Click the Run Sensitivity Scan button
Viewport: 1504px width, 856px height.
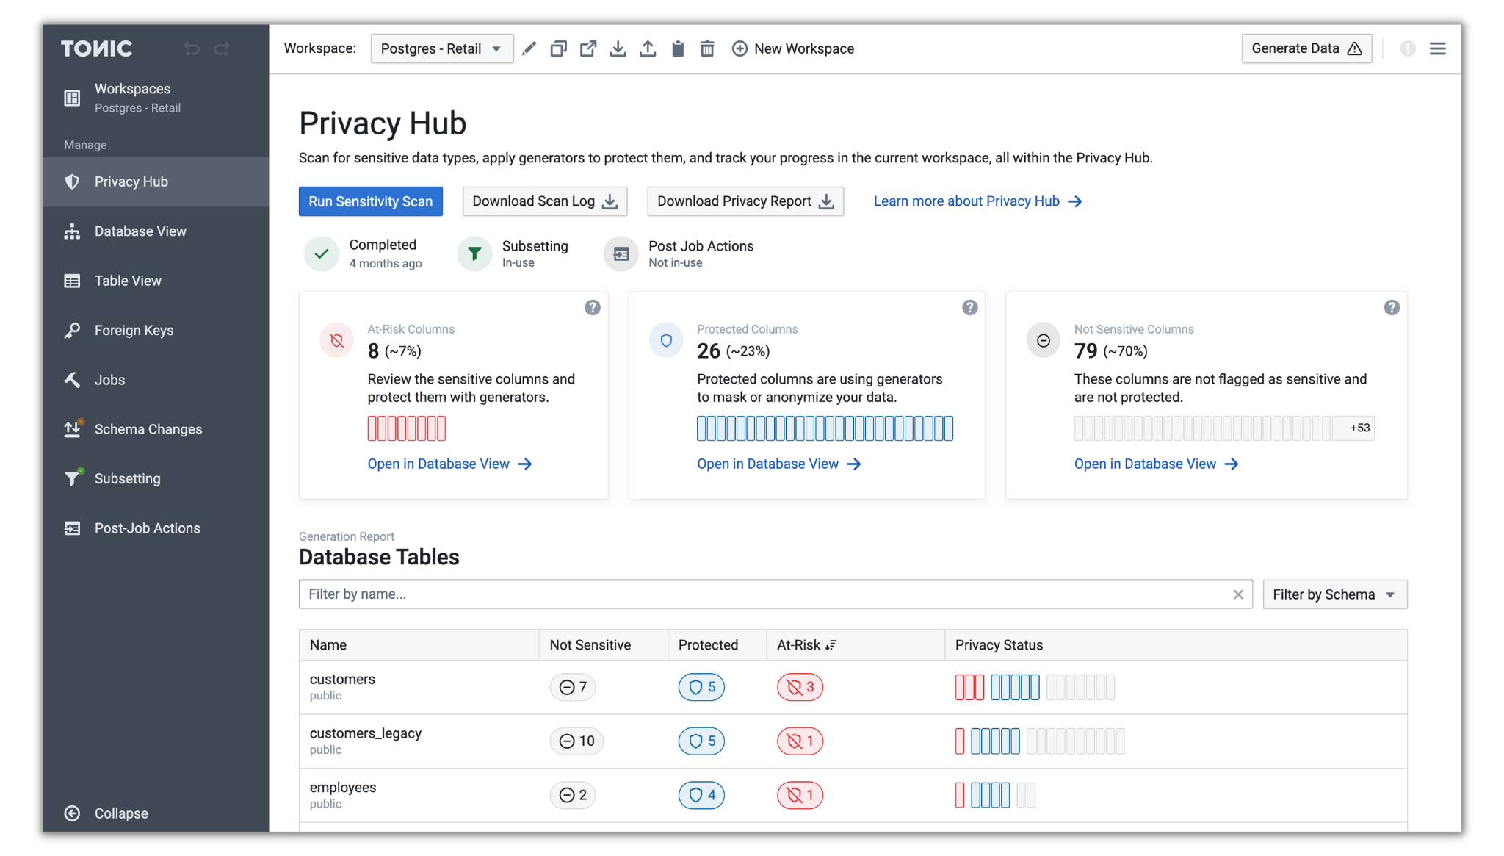pos(370,201)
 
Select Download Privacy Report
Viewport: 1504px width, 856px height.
pos(745,201)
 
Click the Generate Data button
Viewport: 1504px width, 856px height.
pos(1306,48)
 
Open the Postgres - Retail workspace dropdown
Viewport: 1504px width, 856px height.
pos(441,48)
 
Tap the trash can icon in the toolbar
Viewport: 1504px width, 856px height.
pos(706,48)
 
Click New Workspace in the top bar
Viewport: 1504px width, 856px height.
pos(793,48)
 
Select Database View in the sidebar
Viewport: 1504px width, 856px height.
pos(140,231)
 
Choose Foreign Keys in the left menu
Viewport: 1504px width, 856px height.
pos(134,331)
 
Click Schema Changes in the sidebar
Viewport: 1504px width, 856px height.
pos(148,429)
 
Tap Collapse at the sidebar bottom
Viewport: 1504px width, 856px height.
pos(120,813)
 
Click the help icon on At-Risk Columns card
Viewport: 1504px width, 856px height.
pos(592,308)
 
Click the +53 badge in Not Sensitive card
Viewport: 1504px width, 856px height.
pos(1359,428)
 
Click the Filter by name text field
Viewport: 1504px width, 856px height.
pos(764,594)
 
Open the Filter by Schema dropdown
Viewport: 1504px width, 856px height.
pos(1334,594)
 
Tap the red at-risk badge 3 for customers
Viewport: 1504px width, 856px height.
pos(800,687)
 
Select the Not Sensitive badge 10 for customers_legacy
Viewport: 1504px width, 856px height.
pos(576,741)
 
